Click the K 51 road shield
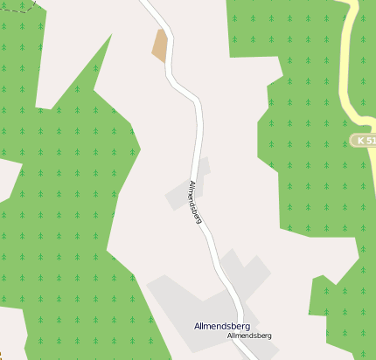coord(363,140)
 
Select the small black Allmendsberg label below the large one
coord(249,336)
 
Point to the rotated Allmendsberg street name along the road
coord(196,202)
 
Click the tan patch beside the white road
coord(160,45)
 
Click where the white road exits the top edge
coord(146,3)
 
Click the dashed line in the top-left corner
coord(26,4)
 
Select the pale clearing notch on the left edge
coord(9,179)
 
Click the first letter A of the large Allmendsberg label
coord(198,326)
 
